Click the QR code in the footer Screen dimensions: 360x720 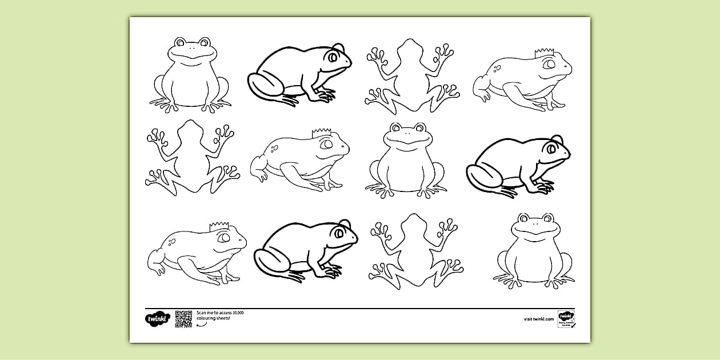(183, 319)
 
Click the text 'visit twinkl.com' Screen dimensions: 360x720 (539, 319)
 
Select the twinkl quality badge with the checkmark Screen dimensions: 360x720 (566, 318)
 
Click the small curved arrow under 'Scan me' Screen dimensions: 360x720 (201, 325)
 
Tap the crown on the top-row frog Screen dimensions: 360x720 (543, 53)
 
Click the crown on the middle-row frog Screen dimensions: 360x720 (318, 134)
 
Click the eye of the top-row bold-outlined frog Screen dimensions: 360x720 (332, 56)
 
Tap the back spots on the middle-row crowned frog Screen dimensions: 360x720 (274, 149)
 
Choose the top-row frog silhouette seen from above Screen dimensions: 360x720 (410, 74)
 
